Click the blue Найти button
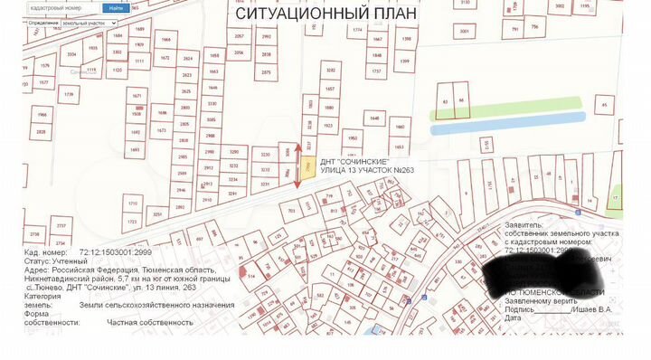pos(115,8)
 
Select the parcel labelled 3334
pos(71,54)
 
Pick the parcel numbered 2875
pos(266,71)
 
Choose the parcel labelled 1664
pos(165,41)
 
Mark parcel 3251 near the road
pos(157,214)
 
